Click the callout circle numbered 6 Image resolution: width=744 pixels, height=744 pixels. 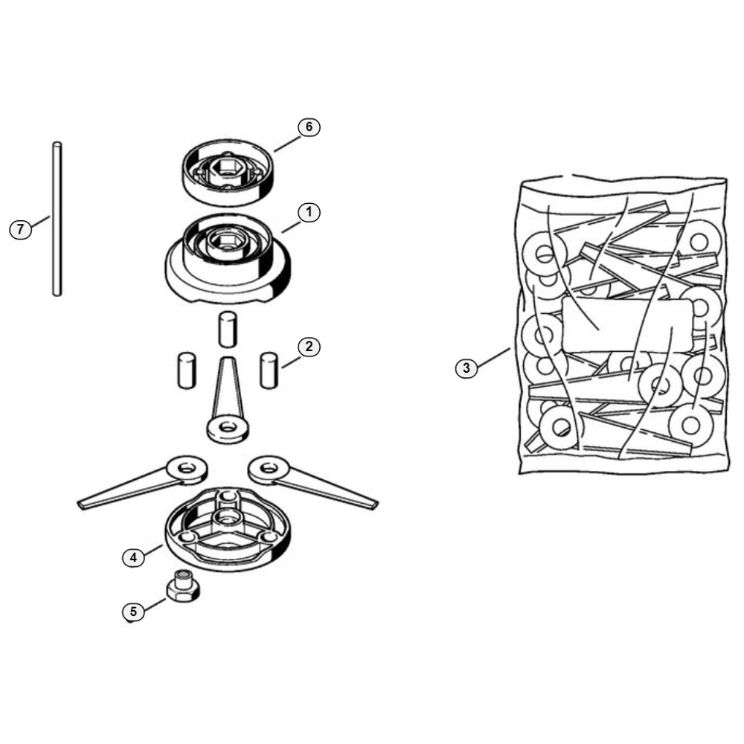pyautogui.click(x=309, y=127)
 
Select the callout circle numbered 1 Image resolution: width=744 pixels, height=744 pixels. pyautogui.click(x=309, y=213)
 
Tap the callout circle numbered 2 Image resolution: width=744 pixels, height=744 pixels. pyautogui.click(x=309, y=347)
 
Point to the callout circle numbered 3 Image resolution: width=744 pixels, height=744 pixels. pyautogui.click(x=466, y=368)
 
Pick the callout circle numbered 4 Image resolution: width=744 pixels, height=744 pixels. pyautogui.click(x=133, y=557)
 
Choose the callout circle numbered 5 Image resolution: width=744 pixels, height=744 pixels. pyautogui.click(x=133, y=612)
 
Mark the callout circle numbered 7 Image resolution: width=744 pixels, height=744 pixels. pyautogui.click(x=20, y=230)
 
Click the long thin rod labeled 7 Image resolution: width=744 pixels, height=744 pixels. pyautogui.click(x=57, y=219)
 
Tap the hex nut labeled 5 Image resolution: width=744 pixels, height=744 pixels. pyautogui.click(x=183, y=586)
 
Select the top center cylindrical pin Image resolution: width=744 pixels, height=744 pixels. pyautogui.click(x=228, y=330)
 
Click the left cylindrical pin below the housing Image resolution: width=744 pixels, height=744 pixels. pyautogui.click(x=187, y=371)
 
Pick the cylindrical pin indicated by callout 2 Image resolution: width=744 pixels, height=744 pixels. pyautogui.click(x=269, y=371)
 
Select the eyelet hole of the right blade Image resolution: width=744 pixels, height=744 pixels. pyautogui.click(x=269, y=469)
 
